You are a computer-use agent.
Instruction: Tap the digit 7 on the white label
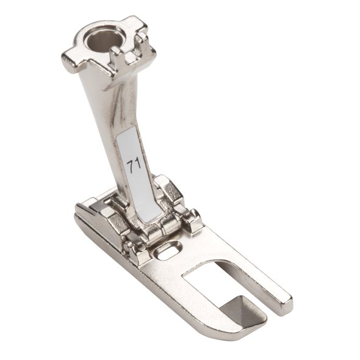130,167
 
